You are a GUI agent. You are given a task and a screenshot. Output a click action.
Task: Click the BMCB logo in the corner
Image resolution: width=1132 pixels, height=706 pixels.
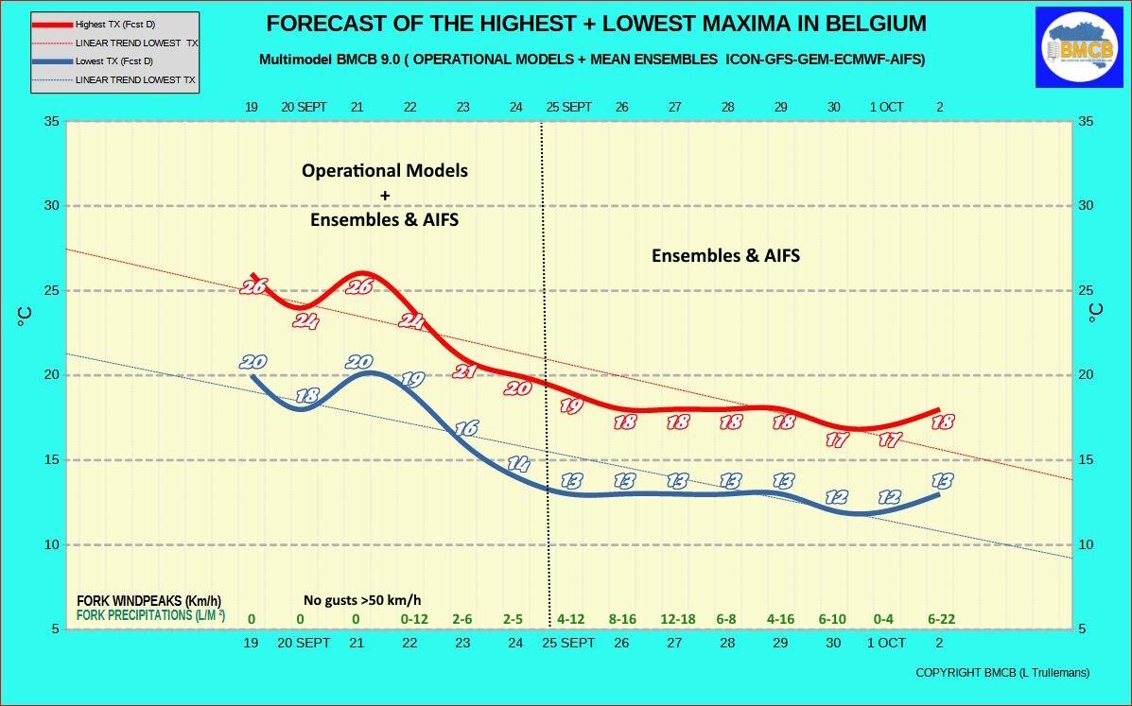pyautogui.click(x=1079, y=47)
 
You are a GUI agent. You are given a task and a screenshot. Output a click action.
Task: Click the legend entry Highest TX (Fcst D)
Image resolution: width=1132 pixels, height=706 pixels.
pyautogui.click(x=115, y=25)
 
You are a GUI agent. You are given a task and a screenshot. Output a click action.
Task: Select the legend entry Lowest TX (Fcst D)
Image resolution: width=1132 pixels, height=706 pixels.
pyautogui.click(x=114, y=61)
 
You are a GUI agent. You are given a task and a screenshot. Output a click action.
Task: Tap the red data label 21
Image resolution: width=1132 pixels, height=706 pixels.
pyautogui.click(x=465, y=371)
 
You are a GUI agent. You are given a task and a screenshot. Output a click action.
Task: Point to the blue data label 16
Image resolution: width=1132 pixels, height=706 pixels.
pyautogui.click(x=465, y=428)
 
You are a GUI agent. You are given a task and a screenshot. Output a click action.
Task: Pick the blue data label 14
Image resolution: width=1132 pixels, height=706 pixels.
pyautogui.click(x=518, y=464)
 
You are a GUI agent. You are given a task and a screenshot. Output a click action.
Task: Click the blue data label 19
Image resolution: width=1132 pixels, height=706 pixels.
pyautogui.click(x=412, y=379)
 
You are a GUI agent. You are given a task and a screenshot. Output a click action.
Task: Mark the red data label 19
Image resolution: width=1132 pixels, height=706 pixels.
pyautogui.click(x=571, y=406)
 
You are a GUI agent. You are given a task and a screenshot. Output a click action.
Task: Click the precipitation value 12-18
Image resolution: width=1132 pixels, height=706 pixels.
pyautogui.click(x=678, y=619)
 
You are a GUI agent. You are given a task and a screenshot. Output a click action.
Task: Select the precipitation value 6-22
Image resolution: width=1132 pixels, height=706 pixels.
pyautogui.click(x=941, y=619)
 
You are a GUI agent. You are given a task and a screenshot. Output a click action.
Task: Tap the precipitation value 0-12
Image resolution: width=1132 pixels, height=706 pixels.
pyautogui.click(x=414, y=619)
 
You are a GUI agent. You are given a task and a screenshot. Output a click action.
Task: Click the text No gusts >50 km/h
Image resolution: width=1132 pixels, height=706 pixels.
pyautogui.click(x=362, y=600)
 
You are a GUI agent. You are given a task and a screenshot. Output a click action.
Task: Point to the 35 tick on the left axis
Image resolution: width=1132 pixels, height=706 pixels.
pyautogui.click(x=51, y=121)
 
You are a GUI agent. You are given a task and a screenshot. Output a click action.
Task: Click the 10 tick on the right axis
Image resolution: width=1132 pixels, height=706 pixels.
pyautogui.click(x=1086, y=544)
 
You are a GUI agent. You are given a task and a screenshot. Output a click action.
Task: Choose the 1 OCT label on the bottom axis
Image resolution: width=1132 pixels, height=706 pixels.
pyautogui.click(x=886, y=643)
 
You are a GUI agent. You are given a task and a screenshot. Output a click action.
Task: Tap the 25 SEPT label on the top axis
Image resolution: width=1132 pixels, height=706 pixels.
pyautogui.click(x=569, y=107)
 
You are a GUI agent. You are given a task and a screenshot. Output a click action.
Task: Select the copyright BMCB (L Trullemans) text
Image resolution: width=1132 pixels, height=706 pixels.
pyautogui.click(x=1002, y=673)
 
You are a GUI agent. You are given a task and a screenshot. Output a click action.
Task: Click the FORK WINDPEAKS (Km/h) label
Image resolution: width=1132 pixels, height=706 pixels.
pyautogui.click(x=148, y=601)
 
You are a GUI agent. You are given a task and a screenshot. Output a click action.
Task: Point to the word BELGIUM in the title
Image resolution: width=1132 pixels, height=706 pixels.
pyautogui.click(x=875, y=24)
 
